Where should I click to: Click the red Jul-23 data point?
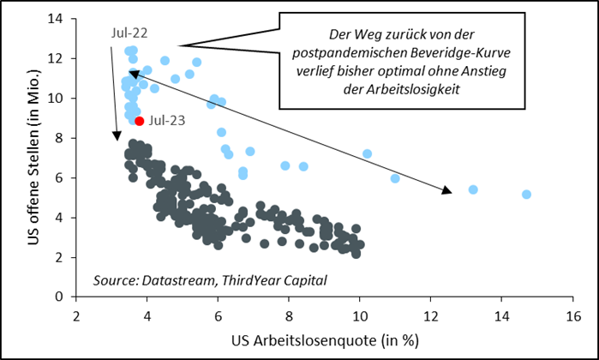tap(140, 122)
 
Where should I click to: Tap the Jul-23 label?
tap(167, 122)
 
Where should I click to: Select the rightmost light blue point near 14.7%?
tap(526, 195)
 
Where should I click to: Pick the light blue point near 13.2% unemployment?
tap(473, 189)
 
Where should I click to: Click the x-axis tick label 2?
tap(77, 315)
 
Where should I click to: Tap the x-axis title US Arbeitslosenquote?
tap(324, 340)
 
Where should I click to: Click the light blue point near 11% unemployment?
tap(395, 178)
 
